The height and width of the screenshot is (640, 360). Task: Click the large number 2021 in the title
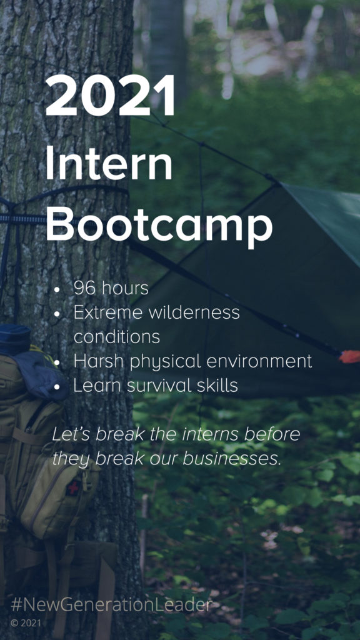pyautogui.click(x=110, y=96)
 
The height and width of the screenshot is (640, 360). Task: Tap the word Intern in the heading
pyautogui.click(x=109, y=162)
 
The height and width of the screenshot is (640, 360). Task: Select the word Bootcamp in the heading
pyautogui.click(x=159, y=226)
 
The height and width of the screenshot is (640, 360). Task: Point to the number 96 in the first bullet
pyautogui.click(x=84, y=288)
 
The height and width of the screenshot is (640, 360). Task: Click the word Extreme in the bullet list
pyautogui.click(x=108, y=312)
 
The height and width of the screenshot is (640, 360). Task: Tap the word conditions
pyautogui.click(x=117, y=337)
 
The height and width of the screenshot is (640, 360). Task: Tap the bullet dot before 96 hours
pyautogui.click(x=57, y=289)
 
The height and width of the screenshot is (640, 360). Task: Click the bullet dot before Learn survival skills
pyautogui.click(x=57, y=386)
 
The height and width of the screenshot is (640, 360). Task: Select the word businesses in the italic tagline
pyautogui.click(x=232, y=459)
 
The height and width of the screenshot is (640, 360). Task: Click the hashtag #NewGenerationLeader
pyautogui.click(x=111, y=605)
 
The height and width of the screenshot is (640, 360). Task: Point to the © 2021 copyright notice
pyautogui.click(x=26, y=623)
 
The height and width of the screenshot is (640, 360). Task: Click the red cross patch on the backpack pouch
pyautogui.click(x=74, y=486)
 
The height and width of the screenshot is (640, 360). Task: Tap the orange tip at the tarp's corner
pyautogui.click(x=349, y=356)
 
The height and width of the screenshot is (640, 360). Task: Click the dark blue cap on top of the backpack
pyautogui.click(x=15, y=338)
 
